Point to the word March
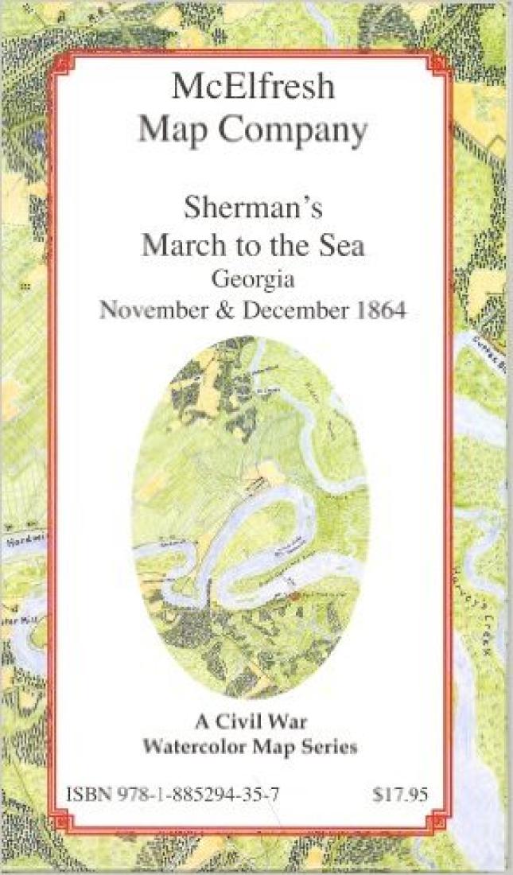(x=176, y=245)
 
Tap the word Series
(x=326, y=747)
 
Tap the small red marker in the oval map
(x=293, y=595)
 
